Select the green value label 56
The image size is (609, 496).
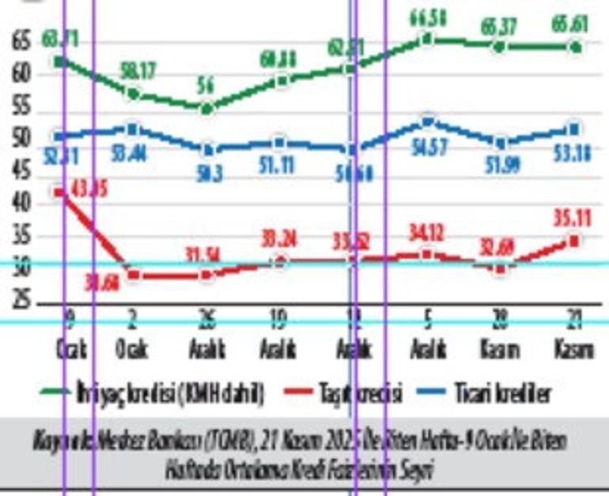(206, 86)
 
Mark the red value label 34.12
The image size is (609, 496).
(428, 233)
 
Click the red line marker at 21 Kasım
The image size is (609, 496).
(575, 241)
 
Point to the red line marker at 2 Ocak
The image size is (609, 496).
(133, 275)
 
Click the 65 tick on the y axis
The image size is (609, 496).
(22, 42)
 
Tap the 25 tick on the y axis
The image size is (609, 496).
(22, 301)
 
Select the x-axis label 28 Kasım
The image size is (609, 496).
(501, 336)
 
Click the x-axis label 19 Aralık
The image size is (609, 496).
(279, 336)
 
